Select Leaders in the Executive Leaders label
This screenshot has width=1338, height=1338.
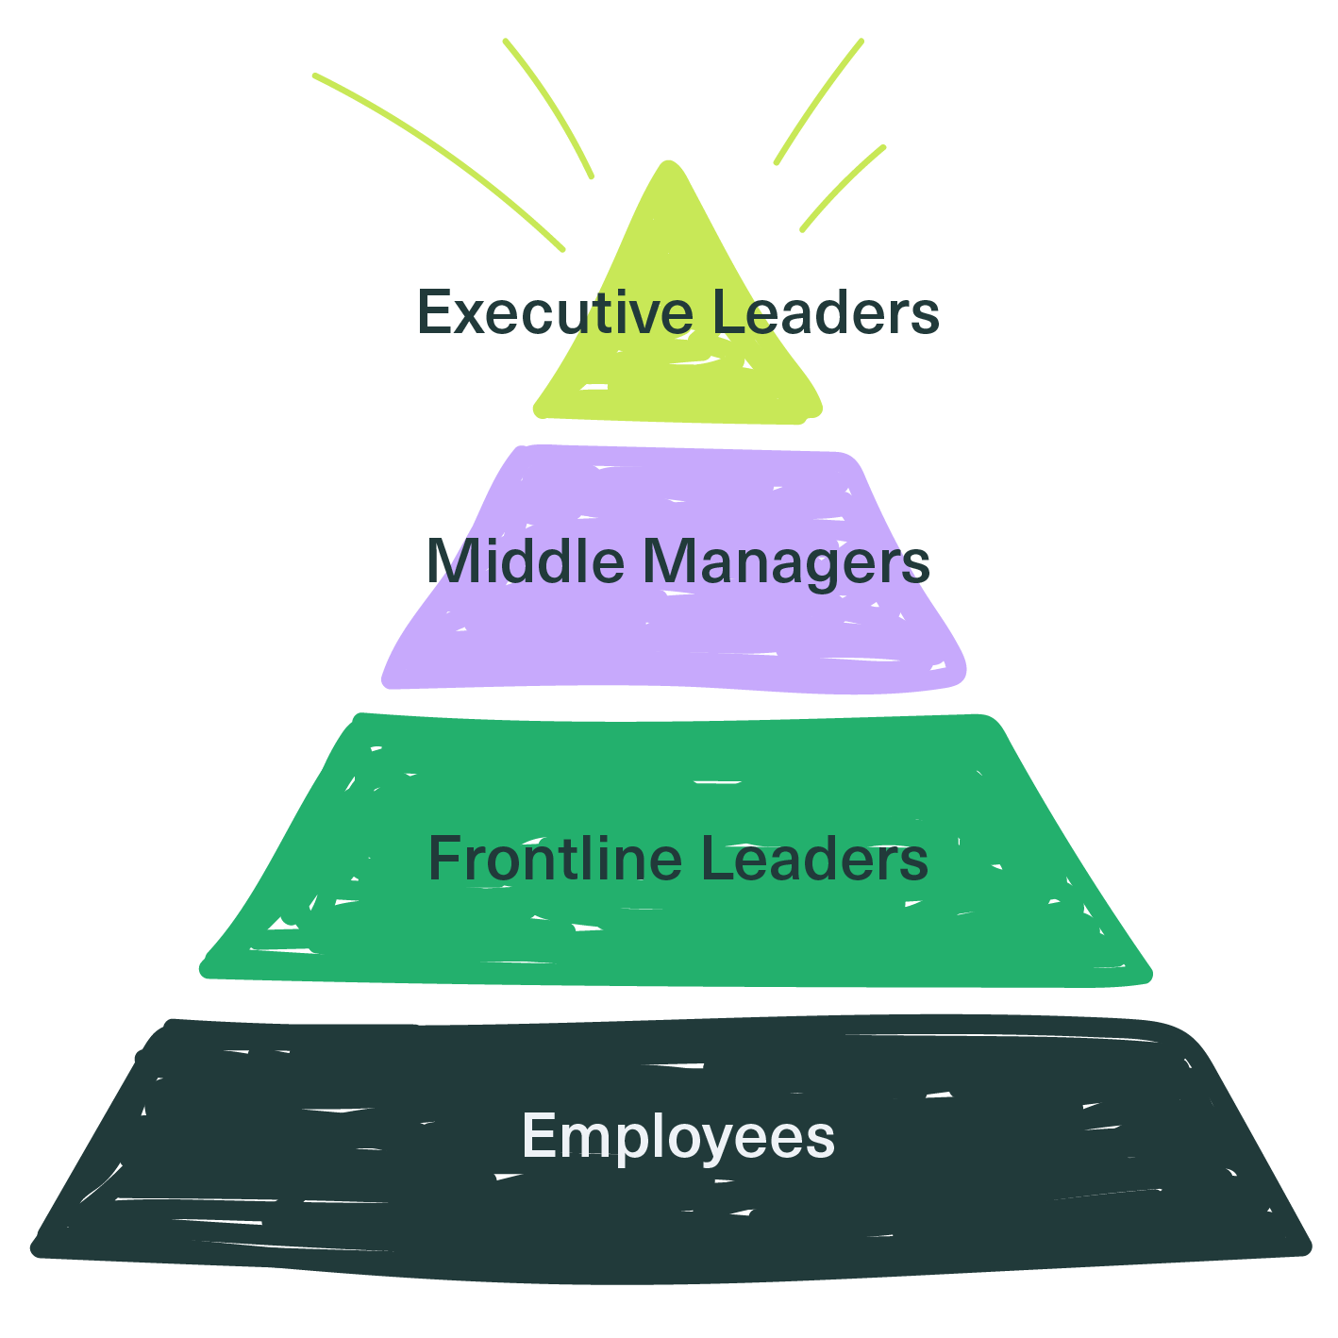coord(826,312)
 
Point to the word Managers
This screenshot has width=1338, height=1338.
coord(786,562)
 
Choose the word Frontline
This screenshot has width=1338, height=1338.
coord(556,859)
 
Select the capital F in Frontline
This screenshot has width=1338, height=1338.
coord(443,859)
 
